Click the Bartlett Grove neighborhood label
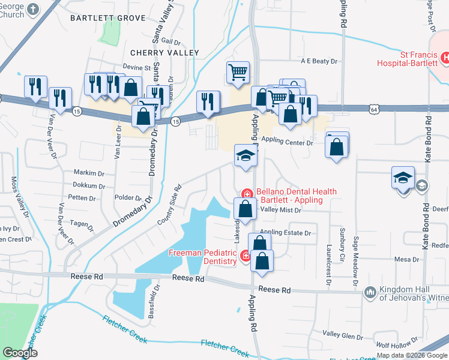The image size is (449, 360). point(108,18)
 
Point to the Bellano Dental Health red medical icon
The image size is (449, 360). point(246,194)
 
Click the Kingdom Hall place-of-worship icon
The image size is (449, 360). point(370,292)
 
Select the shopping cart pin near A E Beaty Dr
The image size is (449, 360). point(238,73)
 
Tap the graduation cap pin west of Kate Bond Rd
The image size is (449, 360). point(403,178)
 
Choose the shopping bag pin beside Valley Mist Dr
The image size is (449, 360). point(244,210)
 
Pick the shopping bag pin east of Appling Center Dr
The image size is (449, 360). point(337,146)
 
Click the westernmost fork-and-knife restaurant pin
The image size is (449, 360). point(35,87)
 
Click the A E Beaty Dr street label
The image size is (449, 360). point(319,61)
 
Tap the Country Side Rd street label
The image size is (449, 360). point(169,205)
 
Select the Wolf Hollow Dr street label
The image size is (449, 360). point(394,345)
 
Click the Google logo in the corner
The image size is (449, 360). point(20,353)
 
